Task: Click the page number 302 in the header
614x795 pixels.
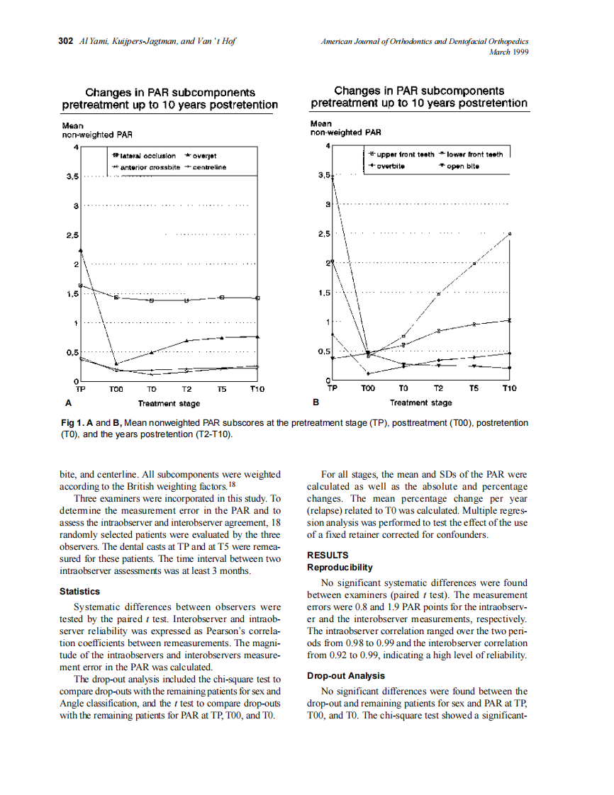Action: pyautogui.click(x=65, y=41)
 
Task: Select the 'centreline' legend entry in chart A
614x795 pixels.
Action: pyautogui.click(x=209, y=167)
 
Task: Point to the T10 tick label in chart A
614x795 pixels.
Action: pyautogui.click(x=257, y=389)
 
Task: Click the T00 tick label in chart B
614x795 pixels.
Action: pyautogui.click(x=368, y=388)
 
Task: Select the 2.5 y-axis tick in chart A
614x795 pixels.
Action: pyautogui.click(x=71, y=235)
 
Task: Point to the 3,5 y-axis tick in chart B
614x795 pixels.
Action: pyautogui.click(x=324, y=175)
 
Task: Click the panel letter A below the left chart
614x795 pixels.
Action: pyautogui.click(x=68, y=402)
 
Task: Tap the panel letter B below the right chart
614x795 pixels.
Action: pyautogui.click(x=316, y=402)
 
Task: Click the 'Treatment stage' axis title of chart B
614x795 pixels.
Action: pyautogui.click(x=420, y=403)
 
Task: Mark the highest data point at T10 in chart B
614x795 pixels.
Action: pyautogui.click(x=510, y=233)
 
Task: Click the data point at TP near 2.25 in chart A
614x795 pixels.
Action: pyautogui.click(x=82, y=250)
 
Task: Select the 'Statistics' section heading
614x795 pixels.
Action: pyautogui.click(x=79, y=591)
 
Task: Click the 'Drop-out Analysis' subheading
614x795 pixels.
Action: pyautogui.click(x=345, y=675)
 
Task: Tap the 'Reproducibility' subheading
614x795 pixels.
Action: pyautogui.click(x=340, y=568)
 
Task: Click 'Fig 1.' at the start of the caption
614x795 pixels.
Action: pyautogui.click(x=72, y=423)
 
